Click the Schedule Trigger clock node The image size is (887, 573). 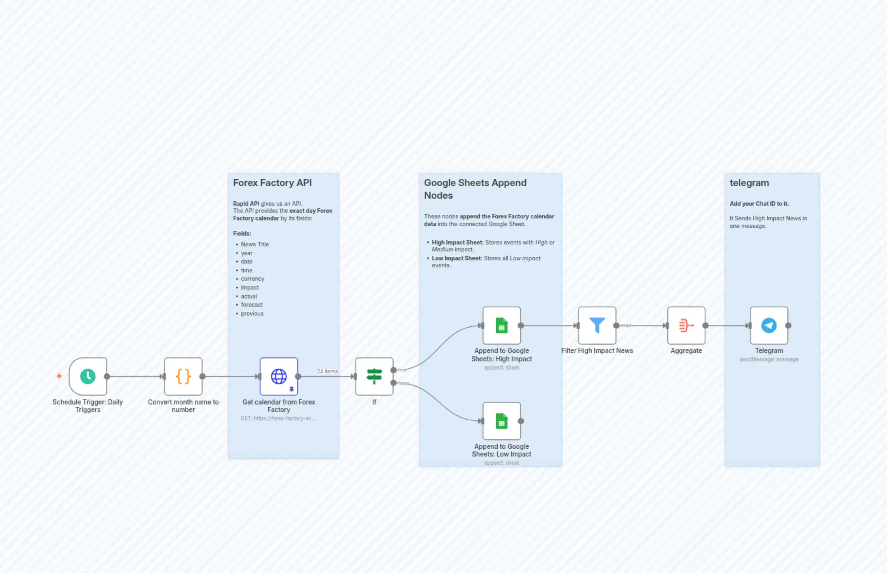(88, 376)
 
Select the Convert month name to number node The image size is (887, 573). (183, 376)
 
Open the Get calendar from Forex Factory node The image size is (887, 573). (278, 376)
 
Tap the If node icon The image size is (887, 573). (374, 376)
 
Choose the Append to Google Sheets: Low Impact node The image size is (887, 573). (501, 421)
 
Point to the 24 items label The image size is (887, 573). (327, 371)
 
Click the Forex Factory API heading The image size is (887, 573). (272, 183)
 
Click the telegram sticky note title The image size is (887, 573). (749, 183)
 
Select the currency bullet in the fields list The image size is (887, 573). (252, 279)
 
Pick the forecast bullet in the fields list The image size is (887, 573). (251, 305)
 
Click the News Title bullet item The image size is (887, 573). (255, 244)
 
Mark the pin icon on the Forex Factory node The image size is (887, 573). (291, 389)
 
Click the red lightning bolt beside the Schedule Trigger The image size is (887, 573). (59, 376)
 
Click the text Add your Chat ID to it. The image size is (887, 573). (759, 203)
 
